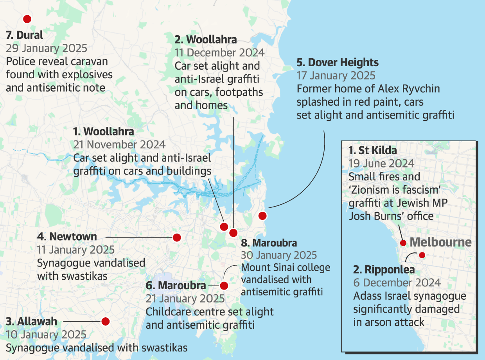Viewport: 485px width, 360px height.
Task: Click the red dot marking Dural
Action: point(27,19)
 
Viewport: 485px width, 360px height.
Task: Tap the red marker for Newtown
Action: point(177,238)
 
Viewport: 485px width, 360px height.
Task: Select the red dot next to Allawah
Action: point(105,321)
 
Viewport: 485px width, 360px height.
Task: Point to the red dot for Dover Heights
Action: point(262,216)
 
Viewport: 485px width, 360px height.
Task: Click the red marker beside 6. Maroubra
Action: point(224,286)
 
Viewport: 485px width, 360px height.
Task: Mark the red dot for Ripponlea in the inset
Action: point(422,255)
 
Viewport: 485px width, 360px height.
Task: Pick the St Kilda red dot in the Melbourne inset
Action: point(403,243)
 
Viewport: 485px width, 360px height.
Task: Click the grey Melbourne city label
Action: point(440,242)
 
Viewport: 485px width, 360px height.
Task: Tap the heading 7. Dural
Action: point(25,35)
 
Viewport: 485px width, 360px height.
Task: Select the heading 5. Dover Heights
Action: point(338,63)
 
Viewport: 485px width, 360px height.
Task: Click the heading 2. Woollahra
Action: point(206,40)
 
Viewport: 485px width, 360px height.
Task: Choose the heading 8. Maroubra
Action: point(269,243)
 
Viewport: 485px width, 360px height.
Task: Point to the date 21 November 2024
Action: point(119,144)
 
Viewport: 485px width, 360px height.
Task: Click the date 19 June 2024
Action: point(381,164)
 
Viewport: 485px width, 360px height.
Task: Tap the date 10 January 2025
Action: point(46,335)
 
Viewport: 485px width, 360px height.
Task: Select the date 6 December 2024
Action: point(397,283)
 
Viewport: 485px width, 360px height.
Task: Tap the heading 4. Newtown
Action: point(67,237)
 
